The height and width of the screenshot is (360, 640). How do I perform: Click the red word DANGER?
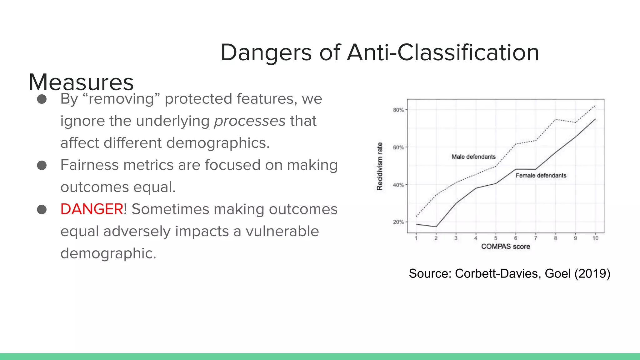pos(92,209)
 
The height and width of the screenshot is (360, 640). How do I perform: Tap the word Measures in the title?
pos(81,82)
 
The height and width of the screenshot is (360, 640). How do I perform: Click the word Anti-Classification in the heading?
pos(443,52)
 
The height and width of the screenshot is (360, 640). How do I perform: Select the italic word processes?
pos(249,121)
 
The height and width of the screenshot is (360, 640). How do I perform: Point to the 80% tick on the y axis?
pos(399,110)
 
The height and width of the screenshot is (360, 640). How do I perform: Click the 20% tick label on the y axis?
pos(398,222)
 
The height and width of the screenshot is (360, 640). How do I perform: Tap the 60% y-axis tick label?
pos(398,147)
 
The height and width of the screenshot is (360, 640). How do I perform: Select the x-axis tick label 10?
pos(595,238)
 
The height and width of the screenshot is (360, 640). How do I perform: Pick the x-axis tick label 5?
pos(496,238)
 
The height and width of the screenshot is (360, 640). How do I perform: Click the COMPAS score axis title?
pos(506,247)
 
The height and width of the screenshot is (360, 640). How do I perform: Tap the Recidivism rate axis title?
pos(380,166)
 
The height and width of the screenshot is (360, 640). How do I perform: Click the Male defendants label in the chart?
pos(473,157)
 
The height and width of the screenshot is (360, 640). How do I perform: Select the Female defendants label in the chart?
pos(541,176)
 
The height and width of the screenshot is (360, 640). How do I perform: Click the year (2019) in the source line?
pos(592,274)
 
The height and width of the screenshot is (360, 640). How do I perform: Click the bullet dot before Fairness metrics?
pos(42,165)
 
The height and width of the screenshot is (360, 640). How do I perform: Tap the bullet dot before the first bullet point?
pos(42,99)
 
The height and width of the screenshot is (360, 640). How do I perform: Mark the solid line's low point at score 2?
pos(436,227)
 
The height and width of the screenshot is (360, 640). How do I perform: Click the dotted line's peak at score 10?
pos(595,106)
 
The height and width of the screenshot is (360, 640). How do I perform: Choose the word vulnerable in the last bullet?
pos(282,231)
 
